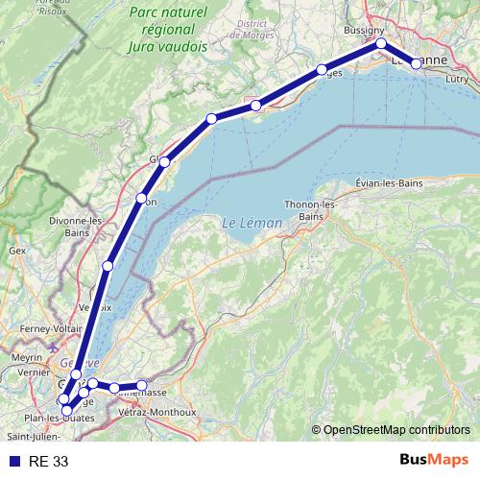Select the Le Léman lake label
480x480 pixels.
252,223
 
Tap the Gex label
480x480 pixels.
16,250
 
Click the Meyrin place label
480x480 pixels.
27,357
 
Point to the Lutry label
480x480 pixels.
457,81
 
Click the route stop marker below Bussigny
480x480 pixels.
381,43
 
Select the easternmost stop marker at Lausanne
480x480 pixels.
416,63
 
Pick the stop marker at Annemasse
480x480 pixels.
142,386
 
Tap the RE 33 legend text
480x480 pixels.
49,462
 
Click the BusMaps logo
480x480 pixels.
433,461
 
